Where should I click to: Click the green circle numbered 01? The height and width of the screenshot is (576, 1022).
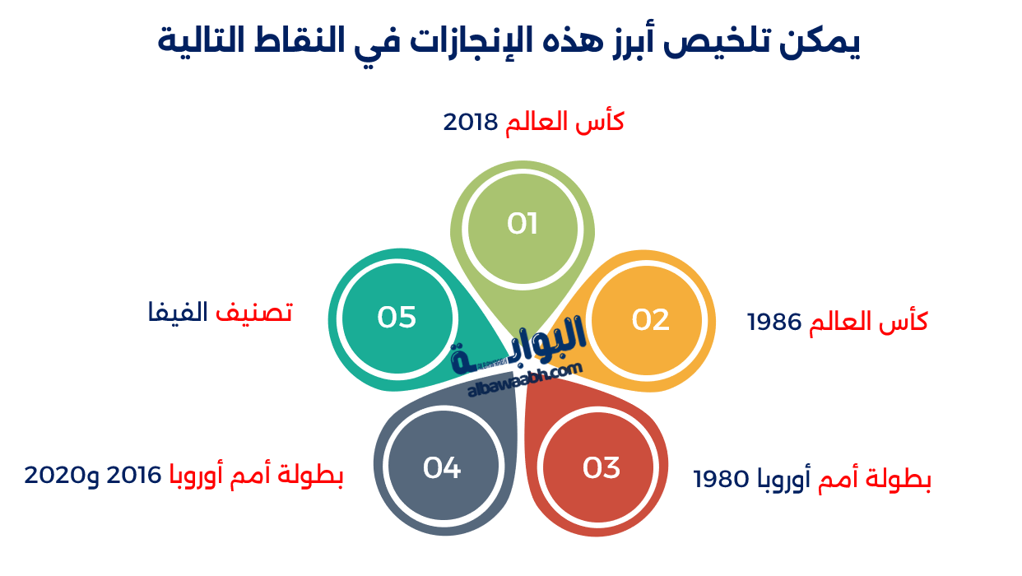point(522,223)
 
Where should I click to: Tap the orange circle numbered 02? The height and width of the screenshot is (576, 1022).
point(650,320)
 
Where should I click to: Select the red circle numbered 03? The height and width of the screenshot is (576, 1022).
point(601,467)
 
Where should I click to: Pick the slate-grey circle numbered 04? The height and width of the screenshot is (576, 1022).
point(442,467)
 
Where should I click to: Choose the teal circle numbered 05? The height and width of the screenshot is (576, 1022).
point(397,317)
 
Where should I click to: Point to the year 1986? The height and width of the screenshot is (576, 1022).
point(774,323)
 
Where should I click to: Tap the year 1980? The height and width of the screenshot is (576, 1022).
point(722,479)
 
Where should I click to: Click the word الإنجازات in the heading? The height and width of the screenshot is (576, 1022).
point(460,41)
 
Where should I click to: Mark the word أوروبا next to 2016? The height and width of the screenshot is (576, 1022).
point(202,476)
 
